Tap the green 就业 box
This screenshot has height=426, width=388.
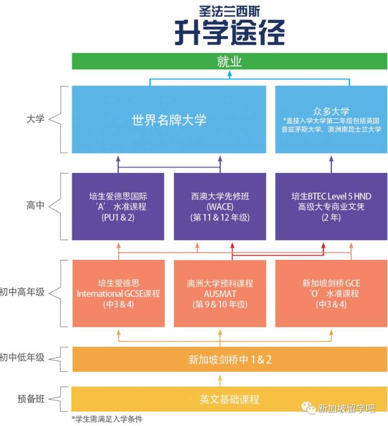pos(229,62)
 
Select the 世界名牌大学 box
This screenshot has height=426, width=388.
pos(169,119)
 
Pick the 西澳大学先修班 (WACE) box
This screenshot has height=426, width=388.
pos(219,206)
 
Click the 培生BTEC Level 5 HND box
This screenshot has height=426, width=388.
pos(331,206)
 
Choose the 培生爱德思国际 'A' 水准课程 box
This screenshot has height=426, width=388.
pos(118,206)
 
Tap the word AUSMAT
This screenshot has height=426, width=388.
pos(219,293)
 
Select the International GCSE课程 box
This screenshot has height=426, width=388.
pos(118,293)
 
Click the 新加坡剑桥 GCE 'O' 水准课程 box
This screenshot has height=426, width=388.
pos(331,293)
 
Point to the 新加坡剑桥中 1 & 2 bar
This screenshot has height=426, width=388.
pos(229,359)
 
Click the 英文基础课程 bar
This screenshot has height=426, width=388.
pos(229,399)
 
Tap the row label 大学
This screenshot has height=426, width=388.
pos(35,119)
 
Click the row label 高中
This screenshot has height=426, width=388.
pos(35,206)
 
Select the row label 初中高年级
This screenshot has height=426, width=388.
pos(22,293)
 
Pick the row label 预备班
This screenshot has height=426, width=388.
pos(30,399)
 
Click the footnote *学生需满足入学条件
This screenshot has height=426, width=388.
pos(107,419)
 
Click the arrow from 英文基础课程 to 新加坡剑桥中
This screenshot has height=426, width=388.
pos(219,379)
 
